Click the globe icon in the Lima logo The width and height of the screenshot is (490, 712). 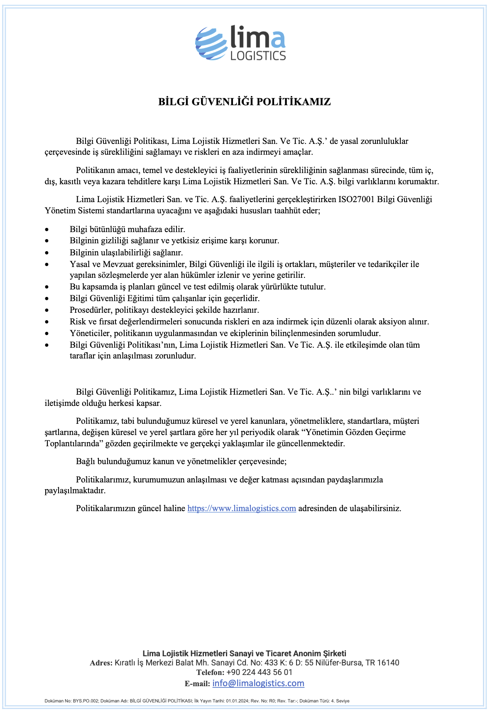pyautogui.click(x=211, y=43)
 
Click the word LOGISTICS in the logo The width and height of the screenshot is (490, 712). pyautogui.click(x=258, y=56)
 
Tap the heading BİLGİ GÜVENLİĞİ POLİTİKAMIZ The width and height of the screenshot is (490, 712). pyautogui.click(x=245, y=102)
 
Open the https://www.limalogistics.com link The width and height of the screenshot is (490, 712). pyautogui.click(x=242, y=508)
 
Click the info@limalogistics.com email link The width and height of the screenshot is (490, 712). pyautogui.click(x=258, y=683)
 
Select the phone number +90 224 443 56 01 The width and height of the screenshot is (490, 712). pyautogui.click(x=260, y=672)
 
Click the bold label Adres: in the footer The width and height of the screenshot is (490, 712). pyautogui.click(x=101, y=663)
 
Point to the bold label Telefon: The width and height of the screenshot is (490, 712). pyautogui.click(x=210, y=672)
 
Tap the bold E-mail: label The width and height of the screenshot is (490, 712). pyautogui.click(x=197, y=684)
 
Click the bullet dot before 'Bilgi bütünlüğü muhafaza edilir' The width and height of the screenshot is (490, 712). pyautogui.click(x=47, y=230)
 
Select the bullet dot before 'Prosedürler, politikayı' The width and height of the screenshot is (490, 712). pyautogui.click(x=47, y=310)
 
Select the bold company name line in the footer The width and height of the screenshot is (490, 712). pyautogui.click(x=245, y=653)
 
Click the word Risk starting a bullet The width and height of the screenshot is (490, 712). pyautogui.click(x=78, y=321)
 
